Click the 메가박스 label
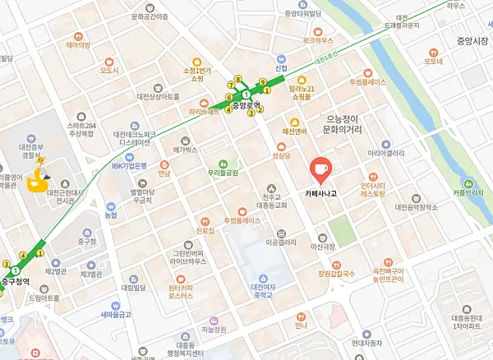[186, 150]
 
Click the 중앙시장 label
[472, 39]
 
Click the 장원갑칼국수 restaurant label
[338, 274]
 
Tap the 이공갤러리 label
[281, 242]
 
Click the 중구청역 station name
[16, 282]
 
